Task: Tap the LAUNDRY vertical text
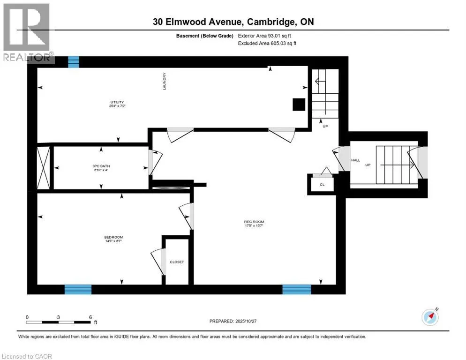[165, 81]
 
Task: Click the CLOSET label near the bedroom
[177, 262]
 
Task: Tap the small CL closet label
[322, 185]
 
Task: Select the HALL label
[355, 160]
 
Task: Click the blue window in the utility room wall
[74, 61]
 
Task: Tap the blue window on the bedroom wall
[78, 289]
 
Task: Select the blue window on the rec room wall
[296, 289]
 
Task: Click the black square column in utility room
[298, 105]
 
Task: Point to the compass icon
[430, 317]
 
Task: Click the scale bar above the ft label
[59, 322]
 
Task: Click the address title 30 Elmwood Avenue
[233, 22]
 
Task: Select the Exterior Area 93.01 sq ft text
[267, 36]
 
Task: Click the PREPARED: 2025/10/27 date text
[238, 321]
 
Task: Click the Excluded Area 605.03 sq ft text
[267, 43]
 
